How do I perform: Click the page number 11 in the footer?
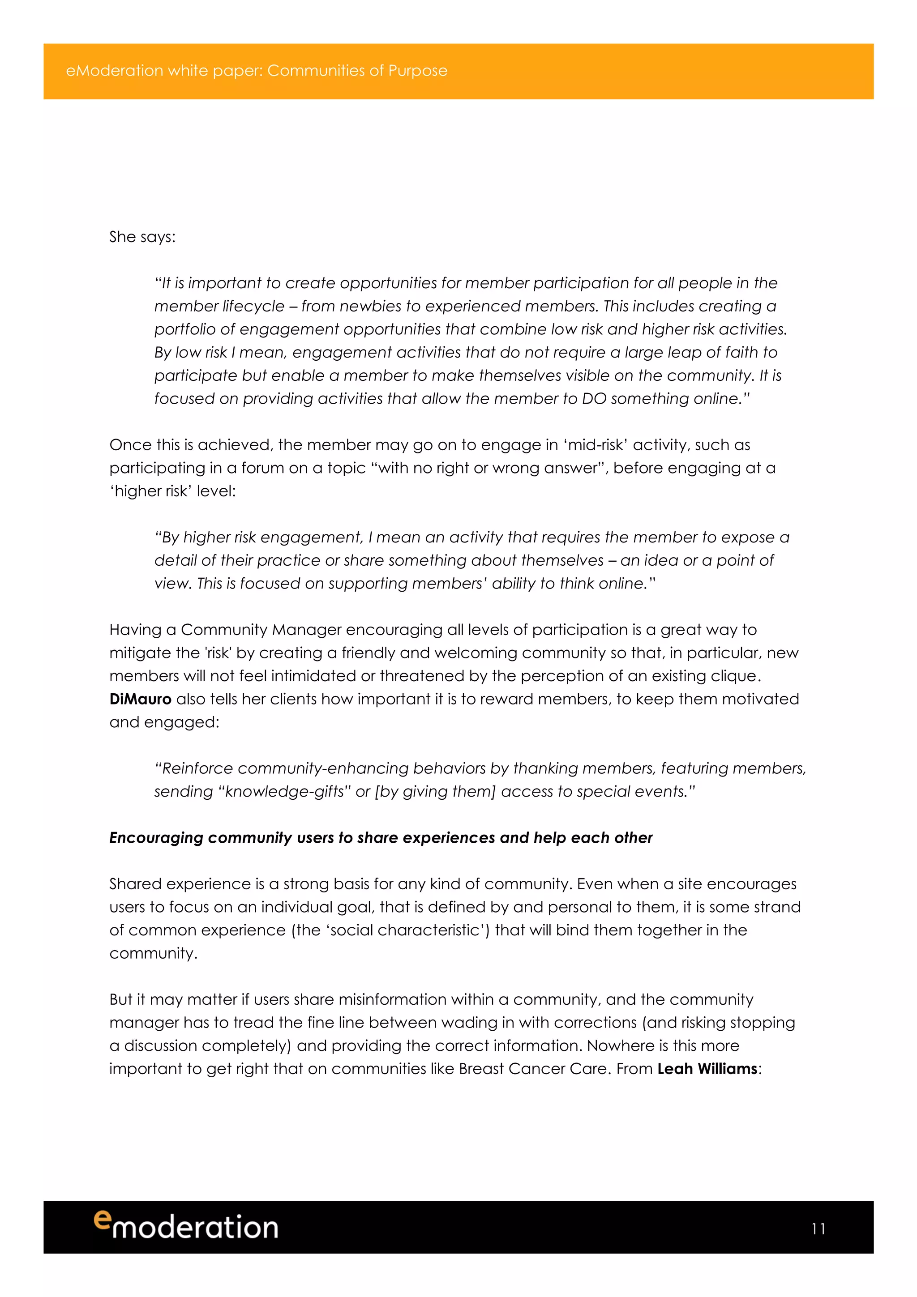pos(818,1229)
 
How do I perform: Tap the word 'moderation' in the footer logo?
pos(196,1228)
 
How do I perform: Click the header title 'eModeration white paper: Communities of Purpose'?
pos(257,71)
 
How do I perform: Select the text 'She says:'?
pos(142,237)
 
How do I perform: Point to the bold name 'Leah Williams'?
pos(707,1069)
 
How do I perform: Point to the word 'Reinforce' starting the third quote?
pos(198,768)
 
